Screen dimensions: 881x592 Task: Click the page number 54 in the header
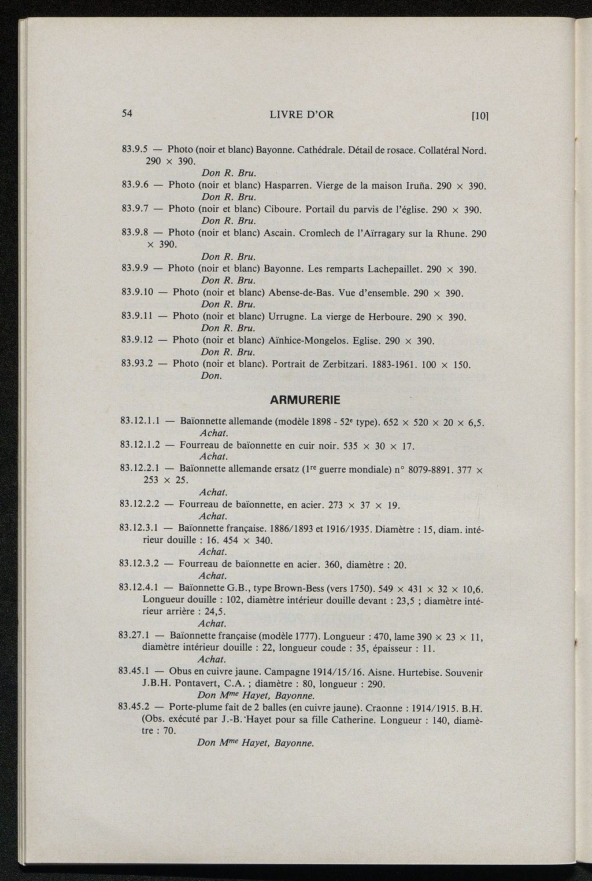(x=128, y=114)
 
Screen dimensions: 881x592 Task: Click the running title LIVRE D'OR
(x=302, y=115)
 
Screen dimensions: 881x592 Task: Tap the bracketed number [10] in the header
(x=480, y=116)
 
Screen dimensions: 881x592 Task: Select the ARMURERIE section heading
(x=305, y=400)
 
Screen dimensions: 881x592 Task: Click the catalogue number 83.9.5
(x=136, y=150)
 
